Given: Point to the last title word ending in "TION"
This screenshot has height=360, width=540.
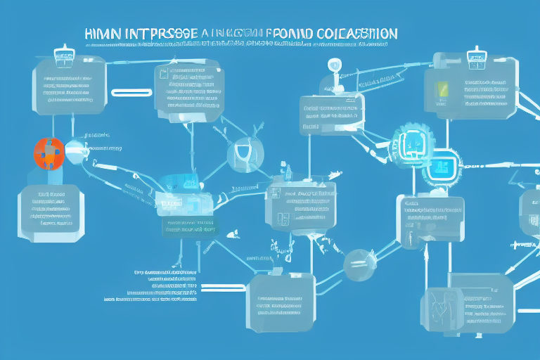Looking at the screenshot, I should coord(359,33).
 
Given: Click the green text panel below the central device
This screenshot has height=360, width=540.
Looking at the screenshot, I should coord(191,225).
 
